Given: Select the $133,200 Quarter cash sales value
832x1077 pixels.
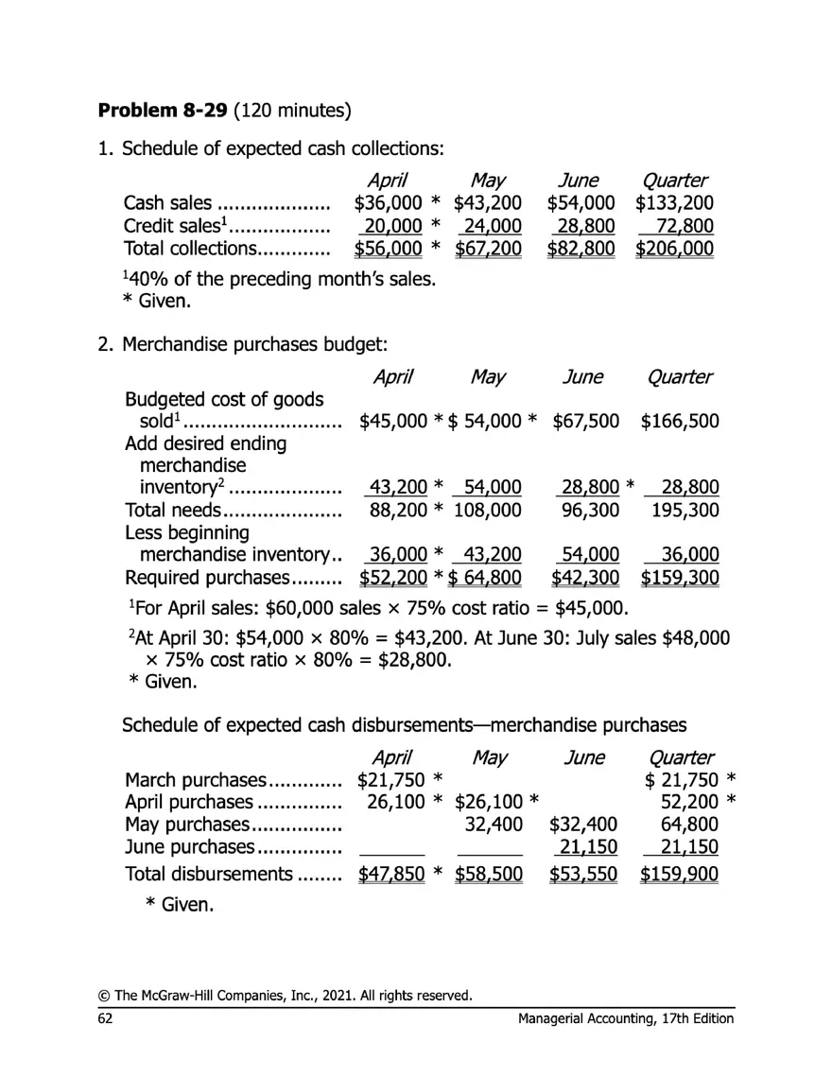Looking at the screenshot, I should tap(674, 203).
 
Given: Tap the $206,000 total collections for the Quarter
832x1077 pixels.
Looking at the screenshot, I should tap(674, 249).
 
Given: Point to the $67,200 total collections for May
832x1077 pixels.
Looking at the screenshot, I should tap(488, 249).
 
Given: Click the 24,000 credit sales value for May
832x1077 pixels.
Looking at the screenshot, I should tap(493, 226).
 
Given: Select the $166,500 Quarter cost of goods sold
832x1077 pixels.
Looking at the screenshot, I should tap(680, 420).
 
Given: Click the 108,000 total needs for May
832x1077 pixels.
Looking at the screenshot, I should tap(488, 511).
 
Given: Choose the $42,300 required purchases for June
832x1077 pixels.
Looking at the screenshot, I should tap(584, 578).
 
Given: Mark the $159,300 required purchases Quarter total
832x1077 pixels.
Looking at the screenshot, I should tap(680, 578).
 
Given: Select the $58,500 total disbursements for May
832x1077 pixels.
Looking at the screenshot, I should tap(489, 875).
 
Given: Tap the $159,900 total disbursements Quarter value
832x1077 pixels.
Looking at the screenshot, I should tap(679, 875).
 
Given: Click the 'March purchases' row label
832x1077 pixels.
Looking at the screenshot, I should tap(197, 780).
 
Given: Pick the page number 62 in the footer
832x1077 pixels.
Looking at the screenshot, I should tap(106, 1018).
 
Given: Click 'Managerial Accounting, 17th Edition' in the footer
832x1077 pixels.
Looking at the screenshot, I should tap(626, 1018).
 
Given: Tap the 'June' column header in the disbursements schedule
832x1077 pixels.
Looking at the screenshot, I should tap(583, 757).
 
